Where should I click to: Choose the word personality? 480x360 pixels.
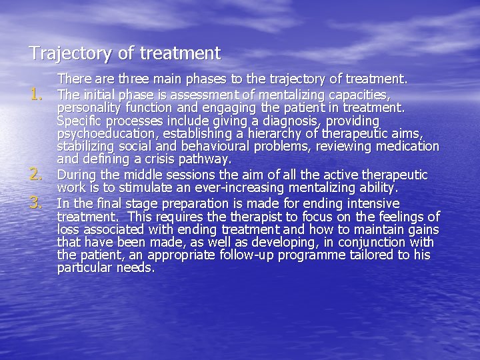click(87, 108)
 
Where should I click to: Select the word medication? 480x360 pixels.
click(407, 147)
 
